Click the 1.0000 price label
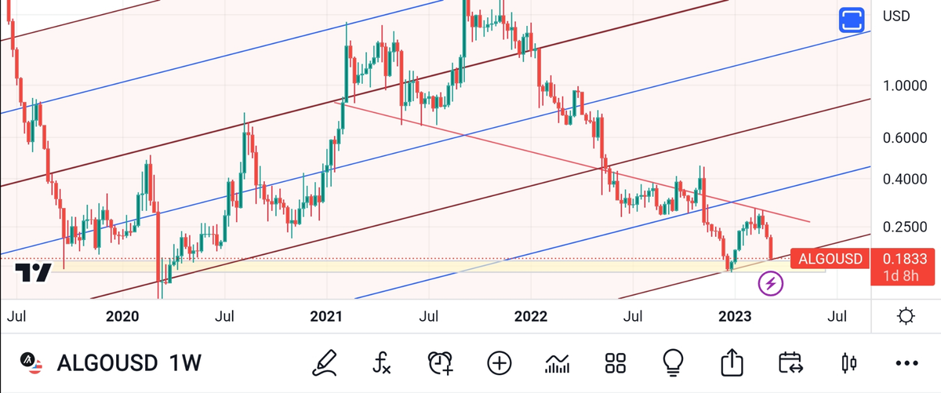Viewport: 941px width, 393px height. pyautogui.click(x=904, y=86)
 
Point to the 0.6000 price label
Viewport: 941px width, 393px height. pyautogui.click(x=904, y=137)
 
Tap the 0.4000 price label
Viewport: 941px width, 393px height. pyautogui.click(x=904, y=179)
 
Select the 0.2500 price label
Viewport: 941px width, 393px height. pyautogui.click(x=904, y=227)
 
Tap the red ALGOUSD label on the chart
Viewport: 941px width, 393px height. pyautogui.click(x=830, y=259)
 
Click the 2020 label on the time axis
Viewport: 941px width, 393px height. pyautogui.click(x=122, y=317)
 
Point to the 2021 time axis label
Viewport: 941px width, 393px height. pyautogui.click(x=326, y=317)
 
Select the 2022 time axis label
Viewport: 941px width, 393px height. pyautogui.click(x=530, y=317)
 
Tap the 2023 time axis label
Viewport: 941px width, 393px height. pyautogui.click(x=735, y=317)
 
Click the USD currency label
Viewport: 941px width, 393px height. pyautogui.click(x=896, y=16)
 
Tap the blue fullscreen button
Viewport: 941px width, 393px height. pyautogui.click(x=851, y=20)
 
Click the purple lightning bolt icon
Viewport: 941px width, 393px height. pyautogui.click(x=770, y=283)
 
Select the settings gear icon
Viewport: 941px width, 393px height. pyautogui.click(x=906, y=317)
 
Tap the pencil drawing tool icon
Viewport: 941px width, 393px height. pyautogui.click(x=324, y=362)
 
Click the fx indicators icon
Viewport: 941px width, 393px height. pyautogui.click(x=382, y=362)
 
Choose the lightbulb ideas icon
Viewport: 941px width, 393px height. pyautogui.click(x=673, y=362)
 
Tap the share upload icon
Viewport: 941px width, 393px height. pyautogui.click(x=731, y=362)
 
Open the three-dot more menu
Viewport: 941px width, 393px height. pyautogui.click(x=906, y=363)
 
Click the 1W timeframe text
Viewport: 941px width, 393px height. pyautogui.click(x=185, y=363)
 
